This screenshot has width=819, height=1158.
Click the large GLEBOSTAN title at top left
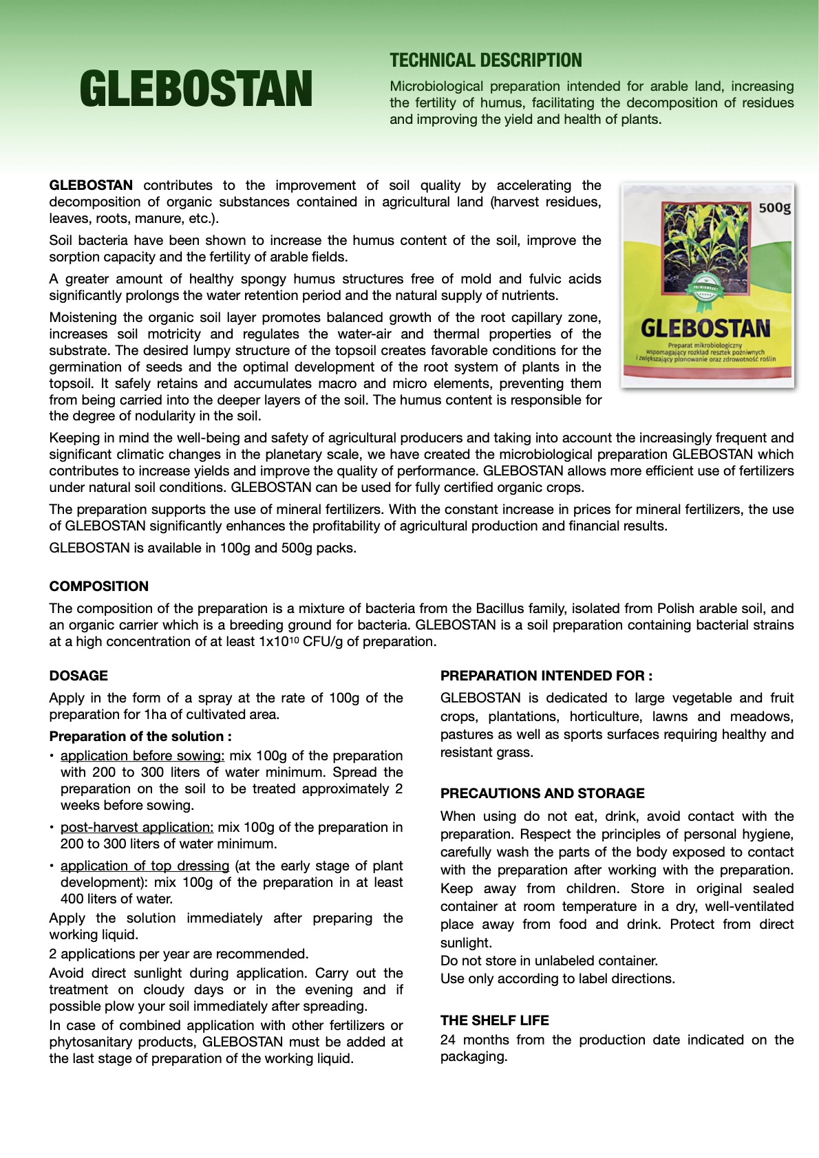pos(196,89)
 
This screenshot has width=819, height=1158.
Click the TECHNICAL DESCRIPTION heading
pos(486,61)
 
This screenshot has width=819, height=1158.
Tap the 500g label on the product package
pos(774,207)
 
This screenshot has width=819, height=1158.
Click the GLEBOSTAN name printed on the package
pos(705,328)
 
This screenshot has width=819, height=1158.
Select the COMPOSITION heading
pos(99,586)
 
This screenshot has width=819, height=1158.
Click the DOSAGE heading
pos(78,676)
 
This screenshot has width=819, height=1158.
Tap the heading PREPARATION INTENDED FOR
pos(546,676)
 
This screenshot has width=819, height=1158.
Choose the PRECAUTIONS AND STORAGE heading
pos(542,793)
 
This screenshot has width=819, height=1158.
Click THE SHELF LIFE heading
pos(495,1020)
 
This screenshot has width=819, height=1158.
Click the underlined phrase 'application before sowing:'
pos(142,755)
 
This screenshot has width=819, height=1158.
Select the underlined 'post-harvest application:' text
pos(137,827)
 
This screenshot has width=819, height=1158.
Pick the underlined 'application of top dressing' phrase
pos(145,866)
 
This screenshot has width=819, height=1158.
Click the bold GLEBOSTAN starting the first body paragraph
pos(91,185)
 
